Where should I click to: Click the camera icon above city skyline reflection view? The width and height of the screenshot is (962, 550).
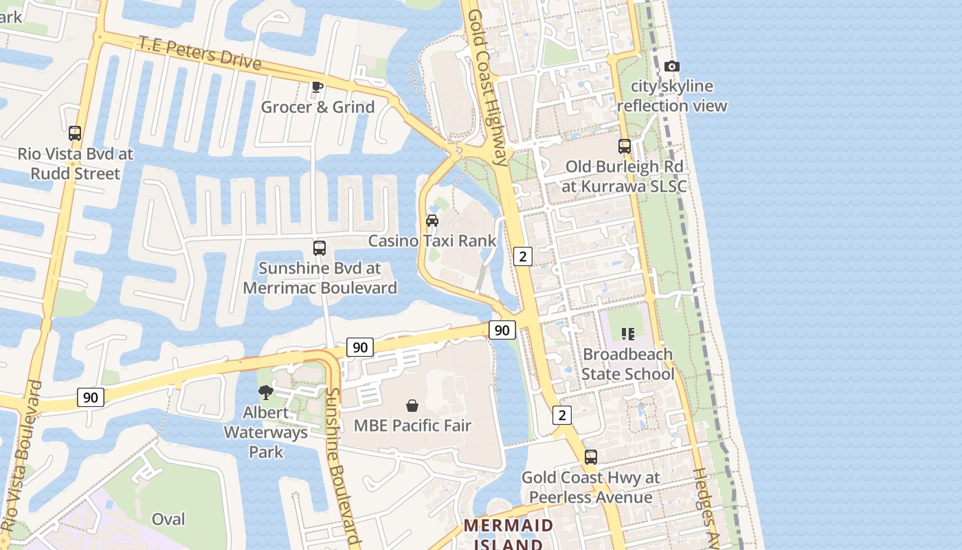pos(672,67)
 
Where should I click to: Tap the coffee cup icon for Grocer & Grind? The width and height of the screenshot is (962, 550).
pos(317,87)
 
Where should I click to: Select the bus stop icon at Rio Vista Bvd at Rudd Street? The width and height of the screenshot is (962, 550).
pos(75,133)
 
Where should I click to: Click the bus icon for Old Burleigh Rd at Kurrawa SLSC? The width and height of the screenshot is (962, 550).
pos(624,146)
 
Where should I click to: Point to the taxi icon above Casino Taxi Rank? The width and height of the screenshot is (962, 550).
pos(432,221)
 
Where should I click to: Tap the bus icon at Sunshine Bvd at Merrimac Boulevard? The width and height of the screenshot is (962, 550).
pos(320,248)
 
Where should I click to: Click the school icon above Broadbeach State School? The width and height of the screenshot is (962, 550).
pos(627,334)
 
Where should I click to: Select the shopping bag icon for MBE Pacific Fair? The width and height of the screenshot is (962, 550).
pos(412,406)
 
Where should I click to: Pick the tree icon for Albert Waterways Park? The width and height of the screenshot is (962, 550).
pos(265,393)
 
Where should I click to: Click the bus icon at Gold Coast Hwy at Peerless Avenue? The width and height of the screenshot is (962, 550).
pos(590,457)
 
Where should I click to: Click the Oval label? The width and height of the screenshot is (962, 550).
pos(168,519)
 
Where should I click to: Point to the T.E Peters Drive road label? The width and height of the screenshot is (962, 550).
pos(200,53)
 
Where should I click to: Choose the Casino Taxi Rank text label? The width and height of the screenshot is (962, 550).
pos(432,241)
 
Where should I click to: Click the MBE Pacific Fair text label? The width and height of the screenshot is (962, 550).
pos(412,426)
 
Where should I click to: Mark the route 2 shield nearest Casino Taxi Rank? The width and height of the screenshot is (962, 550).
pos(523,256)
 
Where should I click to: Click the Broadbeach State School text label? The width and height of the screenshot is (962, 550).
pos(627,364)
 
